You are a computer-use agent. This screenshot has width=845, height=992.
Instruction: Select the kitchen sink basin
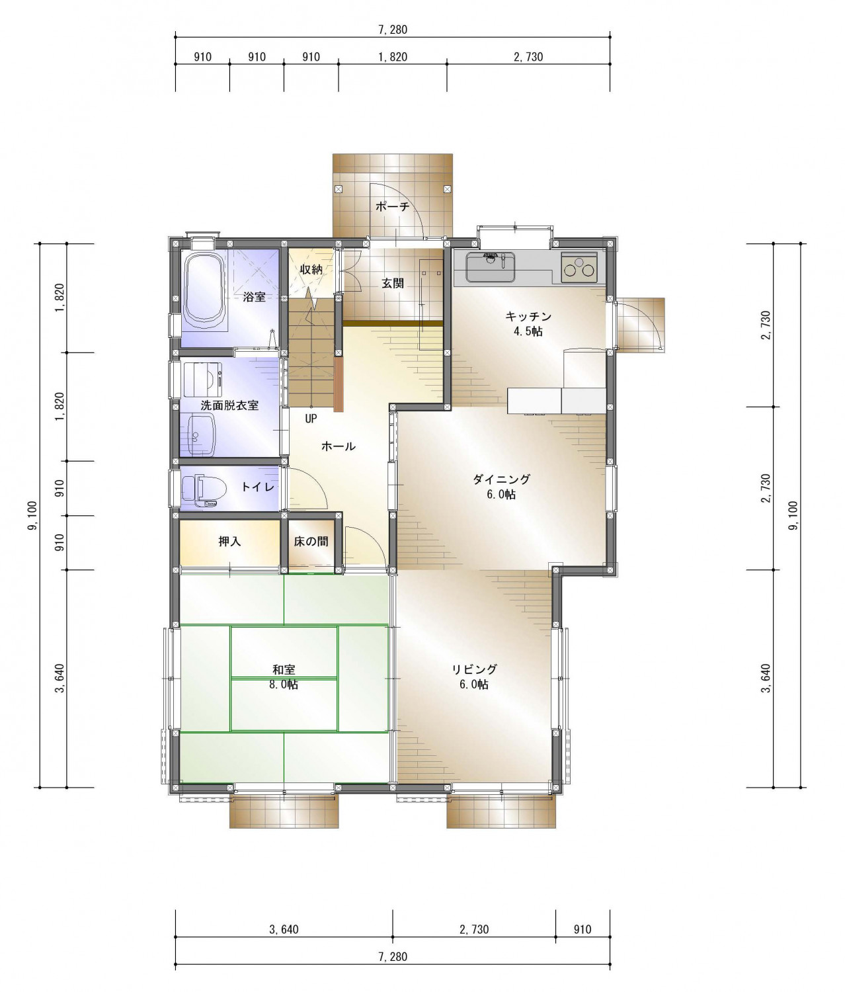pyautogui.click(x=490, y=267)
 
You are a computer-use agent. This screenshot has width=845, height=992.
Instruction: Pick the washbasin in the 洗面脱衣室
pyautogui.click(x=202, y=435)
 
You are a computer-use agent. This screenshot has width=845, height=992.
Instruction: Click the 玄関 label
pyautogui.click(x=393, y=283)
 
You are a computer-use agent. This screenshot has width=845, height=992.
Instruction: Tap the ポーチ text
pyautogui.click(x=392, y=207)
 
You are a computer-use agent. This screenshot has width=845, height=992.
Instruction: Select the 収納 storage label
pyautogui.click(x=311, y=269)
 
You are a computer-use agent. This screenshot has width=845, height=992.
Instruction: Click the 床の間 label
pyautogui.click(x=311, y=542)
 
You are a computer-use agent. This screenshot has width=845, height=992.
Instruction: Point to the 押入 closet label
pyautogui.click(x=229, y=542)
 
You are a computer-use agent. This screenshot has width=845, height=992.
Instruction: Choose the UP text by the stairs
pyautogui.click(x=311, y=419)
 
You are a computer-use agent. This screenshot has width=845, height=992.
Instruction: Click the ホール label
pyautogui.click(x=339, y=446)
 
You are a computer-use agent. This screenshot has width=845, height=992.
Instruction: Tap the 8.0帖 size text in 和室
pyautogui.click(x=284, y=685)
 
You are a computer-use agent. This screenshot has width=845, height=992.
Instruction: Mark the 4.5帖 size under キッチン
pyautogui.click(x=528, y=331)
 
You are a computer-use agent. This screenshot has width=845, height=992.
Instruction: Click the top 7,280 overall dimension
pyautogui.click(x=393, y=30)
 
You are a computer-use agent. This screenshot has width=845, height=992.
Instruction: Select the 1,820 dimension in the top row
pyautogui.click(x=393, y=57)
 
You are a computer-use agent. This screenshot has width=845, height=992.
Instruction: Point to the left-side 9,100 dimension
pyautogui.click(x=33, y=515)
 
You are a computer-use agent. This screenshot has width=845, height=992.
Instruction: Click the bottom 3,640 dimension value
pyautogui.click(x=284, y=930)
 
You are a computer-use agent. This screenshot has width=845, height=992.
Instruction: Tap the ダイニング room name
pyautogui.click(x=501, y=479)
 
